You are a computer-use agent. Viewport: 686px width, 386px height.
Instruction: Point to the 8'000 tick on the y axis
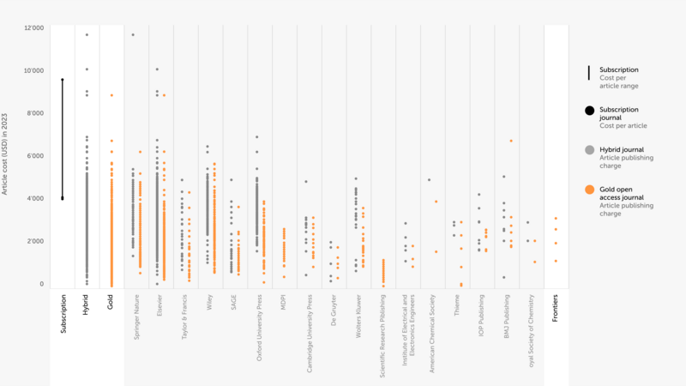(34, 113)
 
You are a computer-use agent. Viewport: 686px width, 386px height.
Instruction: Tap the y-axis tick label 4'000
(34, 199)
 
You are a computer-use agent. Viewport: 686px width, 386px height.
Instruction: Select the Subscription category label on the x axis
(63, 314)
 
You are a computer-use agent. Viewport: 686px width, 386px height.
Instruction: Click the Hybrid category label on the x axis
(86, 305)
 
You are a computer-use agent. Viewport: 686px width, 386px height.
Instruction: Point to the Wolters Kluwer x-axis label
(358, 318)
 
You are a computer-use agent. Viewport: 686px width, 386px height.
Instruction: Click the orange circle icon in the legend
(589, 190)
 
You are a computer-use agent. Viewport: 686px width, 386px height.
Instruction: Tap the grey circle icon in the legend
(589, 150)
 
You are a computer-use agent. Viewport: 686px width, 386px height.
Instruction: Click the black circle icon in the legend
(589, 111)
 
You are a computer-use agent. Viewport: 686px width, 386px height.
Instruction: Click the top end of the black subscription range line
(62, 80)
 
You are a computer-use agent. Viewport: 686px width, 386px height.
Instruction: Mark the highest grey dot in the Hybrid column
(87, 35)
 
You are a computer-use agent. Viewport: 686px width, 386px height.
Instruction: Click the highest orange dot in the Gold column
(111, 95)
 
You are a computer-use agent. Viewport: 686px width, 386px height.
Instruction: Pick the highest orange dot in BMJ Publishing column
(511, 141)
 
